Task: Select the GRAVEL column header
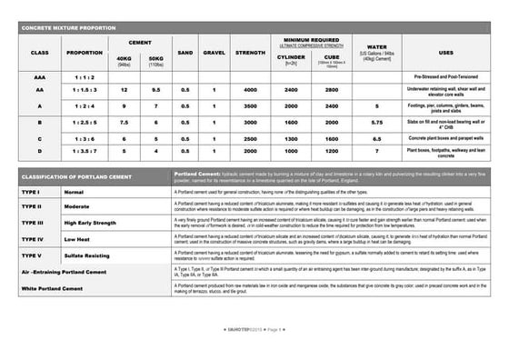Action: (x=214, y=53)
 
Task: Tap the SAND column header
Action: (x=185, y=53)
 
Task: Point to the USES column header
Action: (x=446, y=53)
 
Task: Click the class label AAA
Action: (x=40, y=78)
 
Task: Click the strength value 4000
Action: (x=251, y=90)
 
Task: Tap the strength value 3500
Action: (x=251, y=106)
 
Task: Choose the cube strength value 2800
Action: (x=332, y=90)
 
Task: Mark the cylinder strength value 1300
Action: (x=292, y=138)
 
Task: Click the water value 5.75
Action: (x=377, y=122)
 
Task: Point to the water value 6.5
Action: (x=377, y=138)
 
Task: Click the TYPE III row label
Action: (x=34, y=223)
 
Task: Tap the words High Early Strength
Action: (x=91, y=223)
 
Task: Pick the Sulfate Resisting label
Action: (x=87, y=255)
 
